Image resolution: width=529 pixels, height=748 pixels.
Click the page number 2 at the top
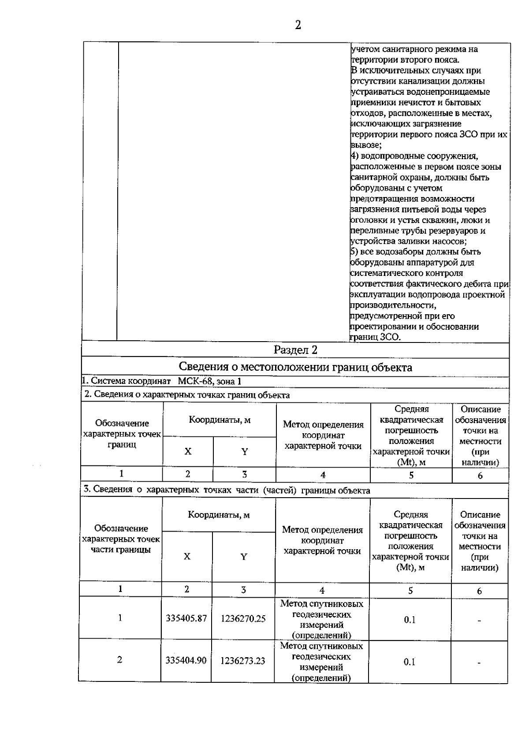tap(298, 26)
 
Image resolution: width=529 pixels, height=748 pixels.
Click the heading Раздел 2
tap(295, 350)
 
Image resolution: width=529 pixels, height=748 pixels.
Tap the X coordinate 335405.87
tap(186, 618)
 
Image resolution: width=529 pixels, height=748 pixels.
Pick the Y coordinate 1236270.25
tap(243, 618)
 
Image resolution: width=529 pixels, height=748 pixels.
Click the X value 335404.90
tap(186, 660)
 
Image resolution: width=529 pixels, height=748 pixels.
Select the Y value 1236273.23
tap(243, 661)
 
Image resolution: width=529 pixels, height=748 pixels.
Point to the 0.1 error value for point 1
tap(410, 620)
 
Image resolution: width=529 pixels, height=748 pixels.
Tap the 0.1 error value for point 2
tap(410, 662)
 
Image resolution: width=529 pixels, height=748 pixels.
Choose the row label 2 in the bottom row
tap(119, 660)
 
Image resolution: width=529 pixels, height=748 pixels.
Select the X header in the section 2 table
tap(188, 451)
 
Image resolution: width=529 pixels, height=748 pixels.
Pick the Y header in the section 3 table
tap(244, 557)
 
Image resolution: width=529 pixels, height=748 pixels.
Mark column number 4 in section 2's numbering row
tap(323, 475)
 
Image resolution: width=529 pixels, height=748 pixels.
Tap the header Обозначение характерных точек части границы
tap(121, 539)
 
